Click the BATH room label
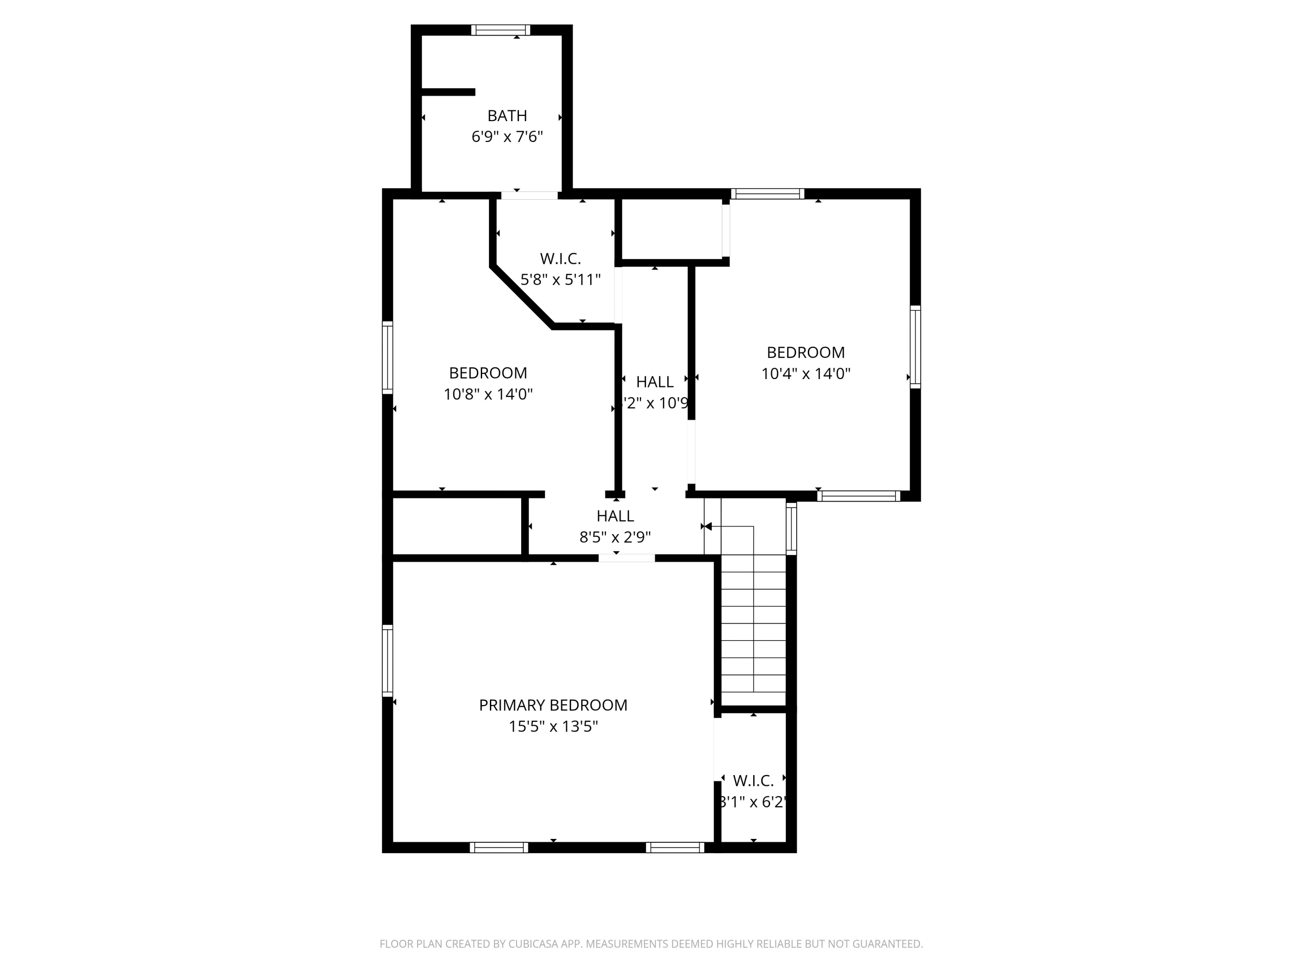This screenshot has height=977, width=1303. pos(506,116)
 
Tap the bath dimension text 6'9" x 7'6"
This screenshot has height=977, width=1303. pos(506,137)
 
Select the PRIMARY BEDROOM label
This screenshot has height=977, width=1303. pos(552,705)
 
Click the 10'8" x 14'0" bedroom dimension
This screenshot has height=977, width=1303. pos(488,394)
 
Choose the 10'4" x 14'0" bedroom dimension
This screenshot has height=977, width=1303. pos(805,374)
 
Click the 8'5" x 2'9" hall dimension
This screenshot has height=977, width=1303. pos(615,537)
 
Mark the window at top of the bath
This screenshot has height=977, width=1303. pos(500,30)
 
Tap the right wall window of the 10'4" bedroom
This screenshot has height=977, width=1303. pos(915,347)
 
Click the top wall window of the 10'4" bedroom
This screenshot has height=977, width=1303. pos(767,194)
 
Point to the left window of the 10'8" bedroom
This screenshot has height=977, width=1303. pos(387,357)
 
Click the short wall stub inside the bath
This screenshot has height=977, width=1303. pos(448,92)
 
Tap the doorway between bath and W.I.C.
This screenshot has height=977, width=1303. pos(529,195)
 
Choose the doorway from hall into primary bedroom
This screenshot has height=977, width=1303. pos(627,558)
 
